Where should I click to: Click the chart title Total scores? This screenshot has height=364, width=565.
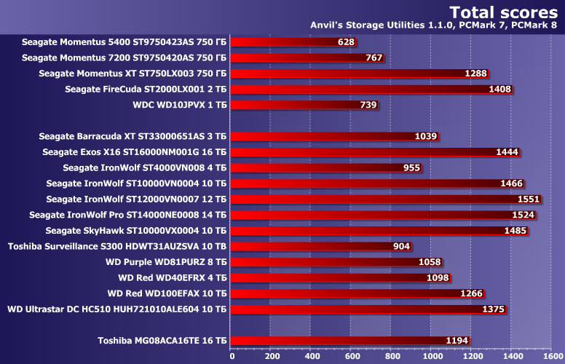click(x=503, y=12)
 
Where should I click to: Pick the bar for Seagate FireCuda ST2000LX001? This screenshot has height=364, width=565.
click(x=371, y=90)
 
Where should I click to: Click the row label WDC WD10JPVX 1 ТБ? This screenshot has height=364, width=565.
click(x=180, y=105)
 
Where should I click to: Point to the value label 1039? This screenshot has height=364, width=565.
click(x=425, y=136)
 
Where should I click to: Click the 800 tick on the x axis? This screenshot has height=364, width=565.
click(x=391, y=356)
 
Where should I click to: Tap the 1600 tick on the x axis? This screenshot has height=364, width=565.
click(x=550, y=356)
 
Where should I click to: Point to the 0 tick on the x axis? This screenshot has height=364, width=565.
click(x=232, y=356)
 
